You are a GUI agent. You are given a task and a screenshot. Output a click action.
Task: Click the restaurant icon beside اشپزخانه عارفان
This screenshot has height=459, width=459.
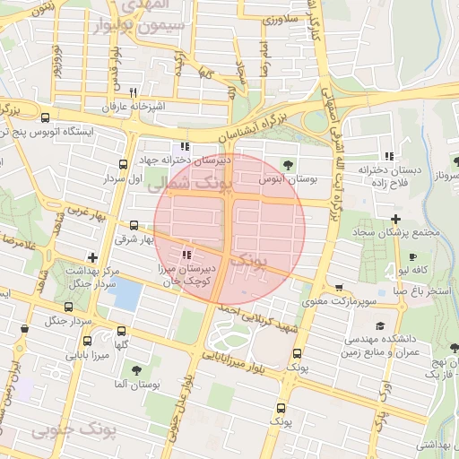133,92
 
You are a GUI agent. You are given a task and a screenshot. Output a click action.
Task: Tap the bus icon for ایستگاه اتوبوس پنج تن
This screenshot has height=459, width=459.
45,117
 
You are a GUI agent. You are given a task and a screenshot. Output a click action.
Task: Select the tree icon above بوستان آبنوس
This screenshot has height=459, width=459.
288,164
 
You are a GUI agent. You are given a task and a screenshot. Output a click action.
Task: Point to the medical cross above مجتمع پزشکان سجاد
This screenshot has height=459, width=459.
395,219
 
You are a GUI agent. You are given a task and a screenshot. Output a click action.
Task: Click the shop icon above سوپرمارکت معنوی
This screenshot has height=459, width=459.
338,288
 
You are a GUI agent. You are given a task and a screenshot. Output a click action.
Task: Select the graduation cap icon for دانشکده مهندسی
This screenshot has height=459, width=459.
380,325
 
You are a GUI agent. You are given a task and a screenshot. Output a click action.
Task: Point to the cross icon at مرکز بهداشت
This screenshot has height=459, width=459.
91,257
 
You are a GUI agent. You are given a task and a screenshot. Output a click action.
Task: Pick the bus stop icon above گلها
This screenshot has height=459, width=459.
121,330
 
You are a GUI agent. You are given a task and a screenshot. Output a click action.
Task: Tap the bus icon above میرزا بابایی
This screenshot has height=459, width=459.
87,341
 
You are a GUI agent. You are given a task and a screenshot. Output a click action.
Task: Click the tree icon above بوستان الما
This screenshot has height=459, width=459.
135,369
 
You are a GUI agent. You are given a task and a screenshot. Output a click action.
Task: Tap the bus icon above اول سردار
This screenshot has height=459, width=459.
123,164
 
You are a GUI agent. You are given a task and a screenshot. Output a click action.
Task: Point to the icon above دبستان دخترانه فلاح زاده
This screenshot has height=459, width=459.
387,155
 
